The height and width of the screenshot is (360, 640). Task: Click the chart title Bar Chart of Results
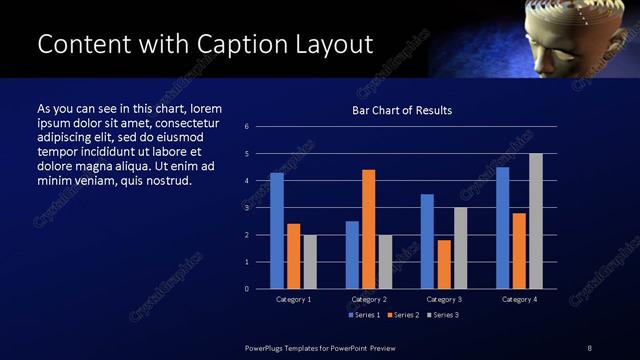click(402, 110)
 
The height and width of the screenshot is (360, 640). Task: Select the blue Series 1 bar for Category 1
click(277, 231)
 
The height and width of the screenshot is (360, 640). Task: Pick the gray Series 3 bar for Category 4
click(535, 221)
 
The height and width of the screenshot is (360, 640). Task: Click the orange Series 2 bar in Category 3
click(443, 264)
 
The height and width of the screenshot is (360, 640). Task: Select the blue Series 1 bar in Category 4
click(502, 228)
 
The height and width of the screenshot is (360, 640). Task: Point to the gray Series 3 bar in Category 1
click(310, 262)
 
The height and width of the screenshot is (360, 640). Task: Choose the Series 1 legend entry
click(364, 315)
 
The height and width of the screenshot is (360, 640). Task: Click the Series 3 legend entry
click(441, 315)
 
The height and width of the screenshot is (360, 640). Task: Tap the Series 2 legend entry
click(402, 315)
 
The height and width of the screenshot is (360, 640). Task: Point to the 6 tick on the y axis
click(246, 127)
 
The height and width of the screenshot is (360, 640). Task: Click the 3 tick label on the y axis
click(246, 208)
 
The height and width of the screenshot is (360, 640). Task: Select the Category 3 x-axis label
click(443, 299)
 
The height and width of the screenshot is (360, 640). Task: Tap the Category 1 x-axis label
click(294, 299)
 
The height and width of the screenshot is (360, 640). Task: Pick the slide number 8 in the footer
click(589, 347)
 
